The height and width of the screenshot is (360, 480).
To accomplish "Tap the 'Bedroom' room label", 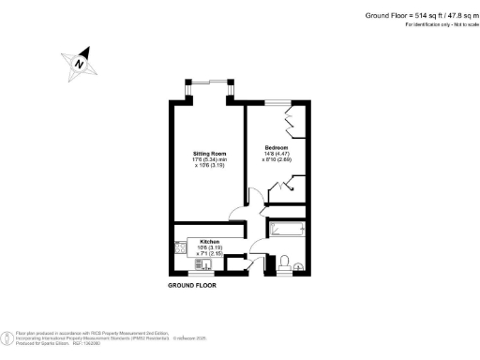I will (x=277, y=148).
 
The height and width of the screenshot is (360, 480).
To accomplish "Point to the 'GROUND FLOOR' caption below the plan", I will (x=191, y=284).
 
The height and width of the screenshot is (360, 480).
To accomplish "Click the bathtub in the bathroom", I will (x=289, y=230).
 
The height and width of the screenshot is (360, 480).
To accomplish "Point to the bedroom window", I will (x=277, y=101).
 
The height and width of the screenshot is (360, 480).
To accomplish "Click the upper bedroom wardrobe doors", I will (x=290, y=123).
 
